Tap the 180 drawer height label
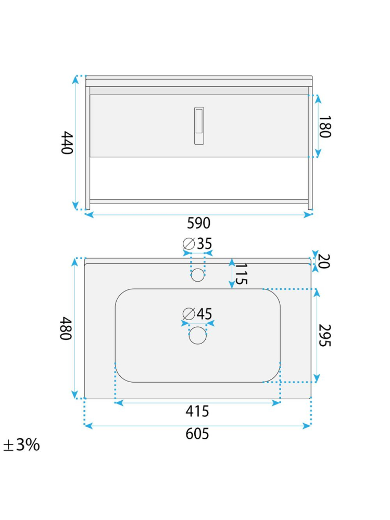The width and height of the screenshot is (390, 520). (324, 126)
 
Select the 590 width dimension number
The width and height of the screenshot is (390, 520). (198, 223)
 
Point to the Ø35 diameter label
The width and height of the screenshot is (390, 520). (198, 244)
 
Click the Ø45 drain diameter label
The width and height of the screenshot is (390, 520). (198, 314)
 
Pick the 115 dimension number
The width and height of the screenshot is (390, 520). (241, 274)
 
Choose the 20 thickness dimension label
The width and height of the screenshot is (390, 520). (324, 261)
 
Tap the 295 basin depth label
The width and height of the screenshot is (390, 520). (324, 335)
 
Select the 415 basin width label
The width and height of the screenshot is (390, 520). (197, 411)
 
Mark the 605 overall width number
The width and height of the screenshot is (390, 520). (197, 434)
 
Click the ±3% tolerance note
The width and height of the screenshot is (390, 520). (21, 445)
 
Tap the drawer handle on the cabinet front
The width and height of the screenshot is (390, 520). (199, 126)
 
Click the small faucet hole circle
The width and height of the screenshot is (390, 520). (198, 275)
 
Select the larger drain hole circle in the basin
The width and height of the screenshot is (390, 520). (198, 336)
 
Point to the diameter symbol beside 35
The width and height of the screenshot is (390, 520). (188, 244)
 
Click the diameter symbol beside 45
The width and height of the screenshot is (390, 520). (188, 314)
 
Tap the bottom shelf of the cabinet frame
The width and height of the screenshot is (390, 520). (199, 201)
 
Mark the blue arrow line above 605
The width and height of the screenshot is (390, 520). (197, 425)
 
